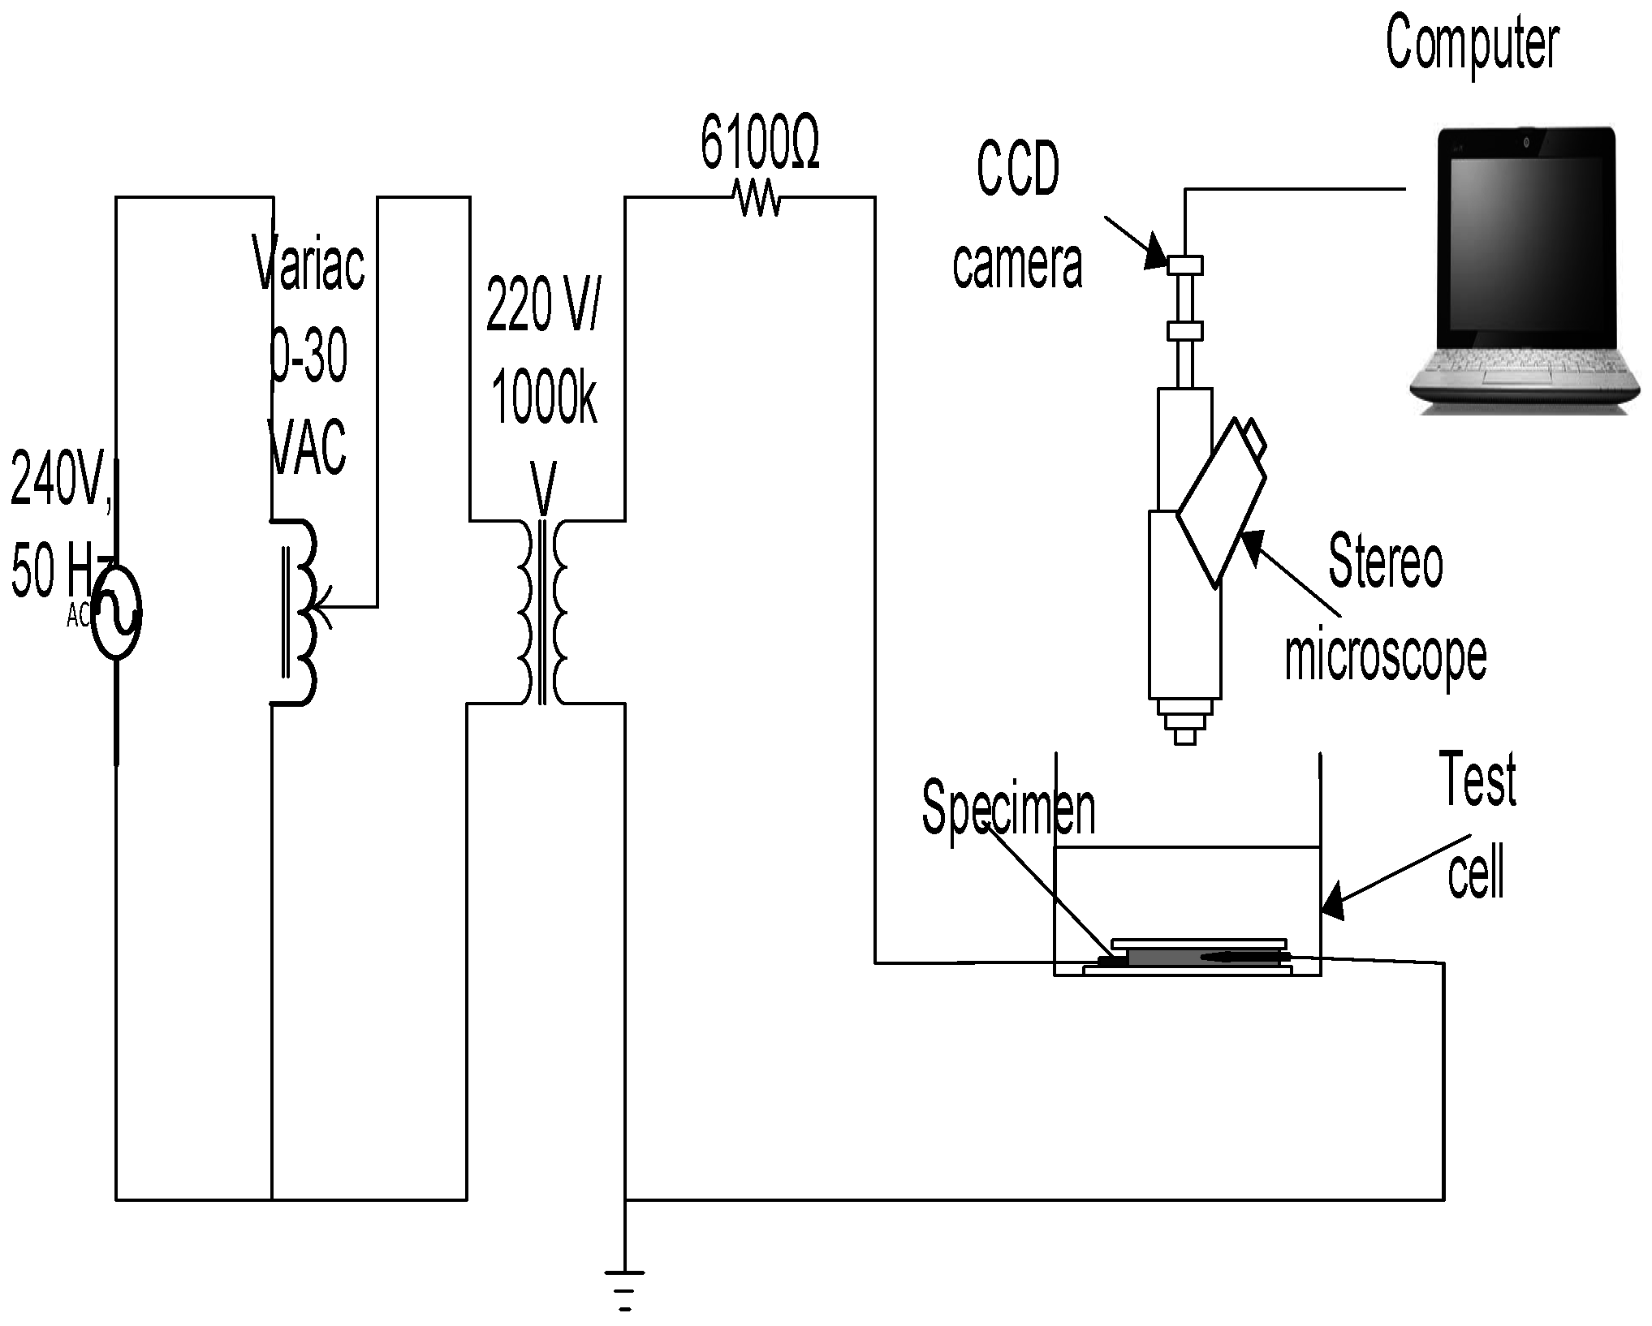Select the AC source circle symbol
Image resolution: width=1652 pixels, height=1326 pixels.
117,611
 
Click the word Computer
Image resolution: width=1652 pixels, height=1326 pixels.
1471,45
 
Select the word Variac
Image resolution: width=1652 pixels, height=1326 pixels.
309,264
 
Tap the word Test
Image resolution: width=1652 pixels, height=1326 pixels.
1477,779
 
